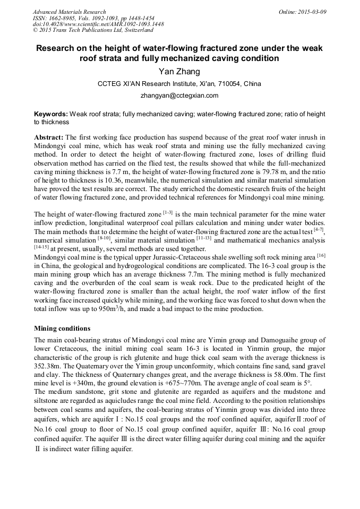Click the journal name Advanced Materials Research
[69, 12]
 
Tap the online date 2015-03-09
[311, 12]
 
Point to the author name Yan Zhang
[179, 71]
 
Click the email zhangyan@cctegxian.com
[179, 96]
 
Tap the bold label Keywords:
[51, 114]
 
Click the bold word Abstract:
[49, 137]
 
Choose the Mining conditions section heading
[62, 329]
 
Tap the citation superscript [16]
[321, 255]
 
